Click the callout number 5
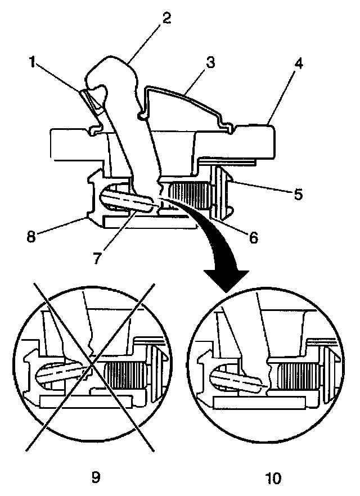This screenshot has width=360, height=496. [x=298, y=195]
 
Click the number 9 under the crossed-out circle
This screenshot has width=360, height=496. [x=95, y=477]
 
